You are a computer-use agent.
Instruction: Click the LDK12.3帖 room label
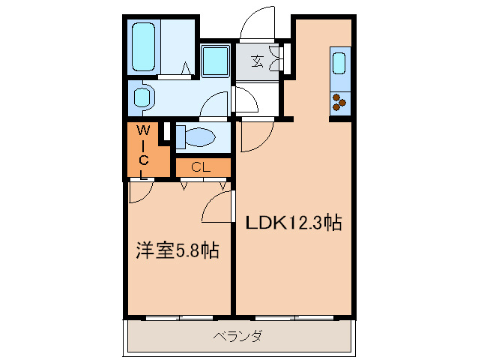click(x=294, y=222)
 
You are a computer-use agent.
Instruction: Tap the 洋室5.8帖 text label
click(x=177, y=250)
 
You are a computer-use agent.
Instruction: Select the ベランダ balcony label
click(x=237, y=336)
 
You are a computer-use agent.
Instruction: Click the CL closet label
click(x=201, y=166)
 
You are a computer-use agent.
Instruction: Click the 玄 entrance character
click(x=257, y=61)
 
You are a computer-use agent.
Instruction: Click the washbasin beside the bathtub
click(x=142, y=97)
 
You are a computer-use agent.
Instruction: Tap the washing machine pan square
click(x=217, y=59)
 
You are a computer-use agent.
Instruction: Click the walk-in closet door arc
click(x=139, y=192)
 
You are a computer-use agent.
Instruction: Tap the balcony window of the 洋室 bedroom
click(x=178, y=318)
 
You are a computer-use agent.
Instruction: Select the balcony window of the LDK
click(x=294, y=318)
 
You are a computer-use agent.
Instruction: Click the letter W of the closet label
click(x=142, y=130)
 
